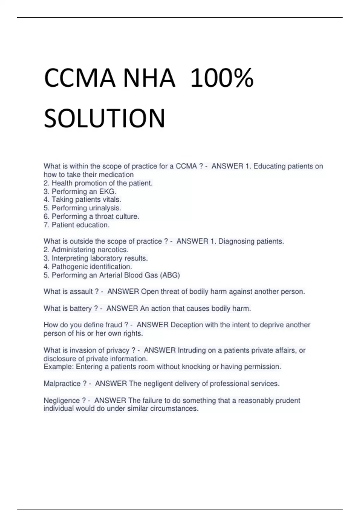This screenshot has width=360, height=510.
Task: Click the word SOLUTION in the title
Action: (x=104, y=118)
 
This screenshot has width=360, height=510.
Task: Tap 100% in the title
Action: (x=222, y=79)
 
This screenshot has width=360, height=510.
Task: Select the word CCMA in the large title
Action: (x=79, y=79)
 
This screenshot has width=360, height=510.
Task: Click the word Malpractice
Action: (x=62, y=384)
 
